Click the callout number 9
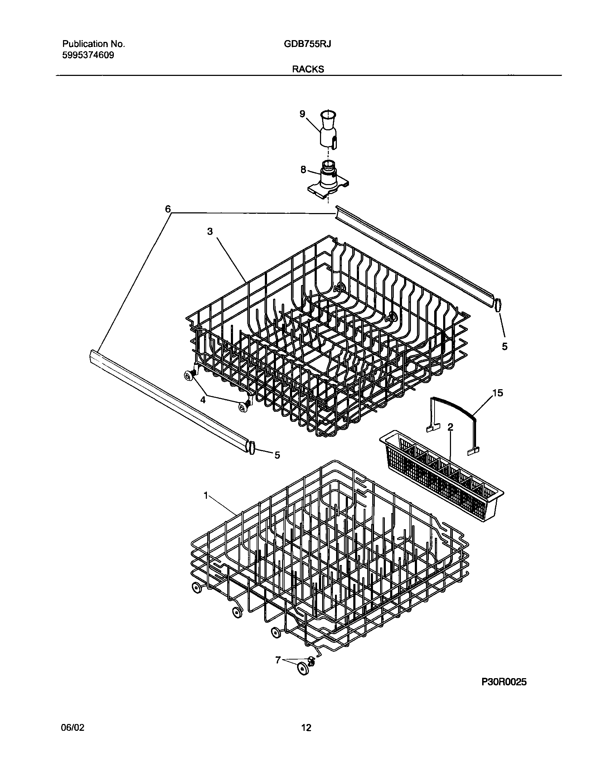[302, 114]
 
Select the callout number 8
[303, 170]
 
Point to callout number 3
[210, 232]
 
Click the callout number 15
[498, 393]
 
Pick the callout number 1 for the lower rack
[206, 496]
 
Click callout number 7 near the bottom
[278, 660]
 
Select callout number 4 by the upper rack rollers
[203, 400]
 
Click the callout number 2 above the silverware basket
[450, 427]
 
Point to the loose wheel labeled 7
[303, 668]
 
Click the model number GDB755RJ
[307, 44]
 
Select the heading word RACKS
[308, 69]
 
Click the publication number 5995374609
[88, 55]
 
